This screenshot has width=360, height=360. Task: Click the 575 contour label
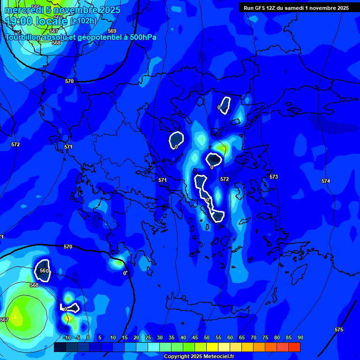point(338,330)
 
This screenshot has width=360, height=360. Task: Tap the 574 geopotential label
point(325,181)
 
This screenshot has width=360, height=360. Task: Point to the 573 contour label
point(274,177)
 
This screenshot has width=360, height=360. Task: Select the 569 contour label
point(112,31)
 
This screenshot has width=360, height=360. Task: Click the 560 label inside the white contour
point(44,271)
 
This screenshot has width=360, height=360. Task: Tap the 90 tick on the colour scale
point(300,337)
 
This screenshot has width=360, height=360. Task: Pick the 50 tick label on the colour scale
point(207,337)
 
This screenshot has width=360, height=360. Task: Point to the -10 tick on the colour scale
point(67,337)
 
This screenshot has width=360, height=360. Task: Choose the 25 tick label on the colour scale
point(148,337)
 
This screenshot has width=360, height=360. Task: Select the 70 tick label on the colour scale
point(254,337)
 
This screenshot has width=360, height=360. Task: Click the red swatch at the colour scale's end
point(294,347)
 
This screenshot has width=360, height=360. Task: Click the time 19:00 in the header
point(18,21)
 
